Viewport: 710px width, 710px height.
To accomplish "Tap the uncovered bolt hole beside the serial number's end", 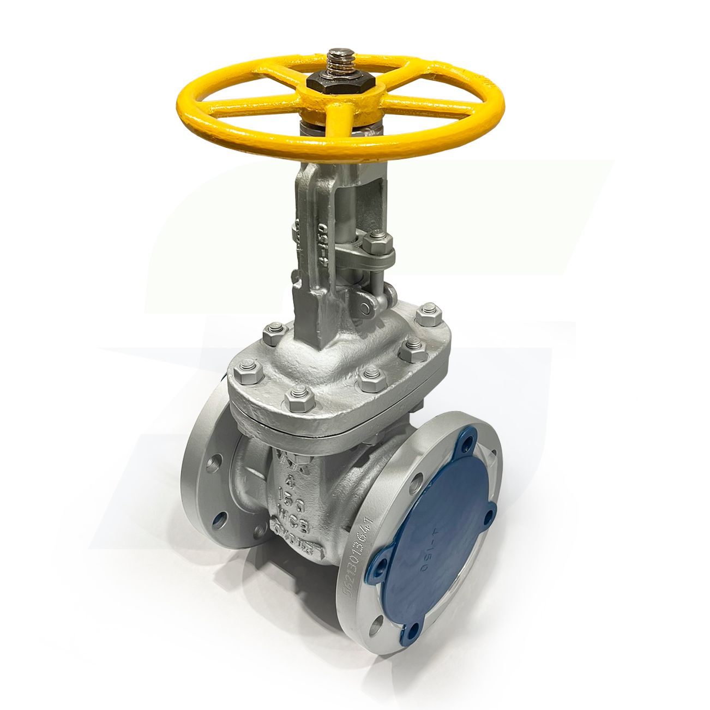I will (375, 627).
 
